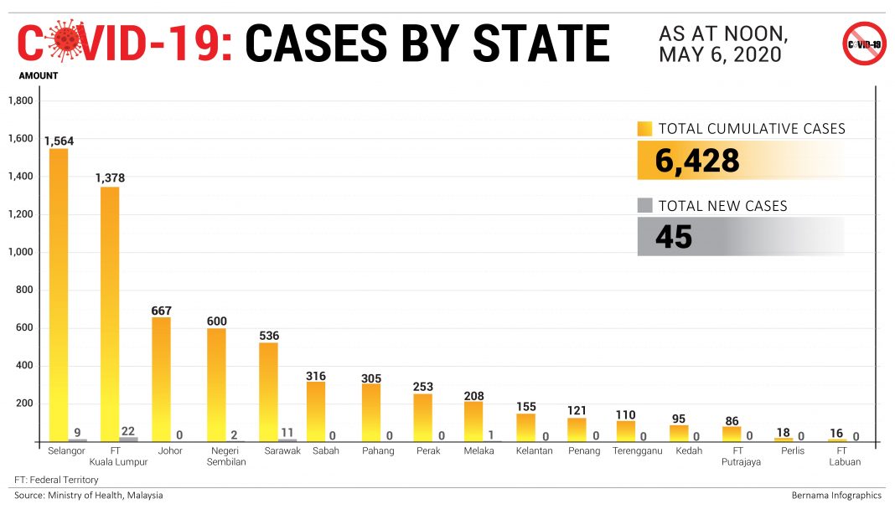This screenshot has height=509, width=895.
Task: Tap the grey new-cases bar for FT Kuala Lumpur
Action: point(128,439)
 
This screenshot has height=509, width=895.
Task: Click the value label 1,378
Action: point(110,177)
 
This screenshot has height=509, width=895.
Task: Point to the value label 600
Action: point(217,321)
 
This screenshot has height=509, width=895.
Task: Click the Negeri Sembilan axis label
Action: point(217,456)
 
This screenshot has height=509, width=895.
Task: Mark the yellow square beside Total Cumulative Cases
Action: point(644,129)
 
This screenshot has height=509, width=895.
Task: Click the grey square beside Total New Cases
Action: point(644,206)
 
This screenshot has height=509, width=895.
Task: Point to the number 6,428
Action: point(697,160)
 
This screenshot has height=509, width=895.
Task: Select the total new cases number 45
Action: point(674,237)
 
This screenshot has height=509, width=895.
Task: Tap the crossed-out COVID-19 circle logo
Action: point(864,44)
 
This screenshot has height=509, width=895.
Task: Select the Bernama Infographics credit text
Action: point(836,495)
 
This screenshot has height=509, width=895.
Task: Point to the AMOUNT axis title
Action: point(39,75)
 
